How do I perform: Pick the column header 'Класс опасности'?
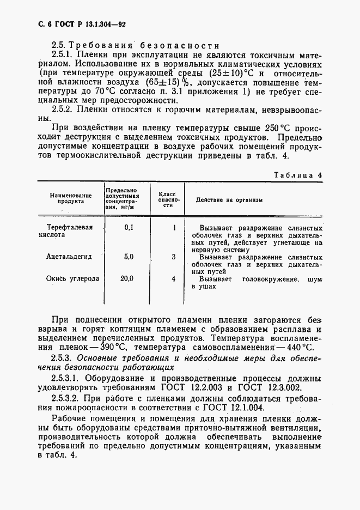coord(167,199)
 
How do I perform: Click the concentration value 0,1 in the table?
coord(128,227)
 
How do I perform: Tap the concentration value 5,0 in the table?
coord(128,256)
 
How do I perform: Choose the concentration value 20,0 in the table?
coord(127,278)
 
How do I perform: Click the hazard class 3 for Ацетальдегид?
coord(173,256)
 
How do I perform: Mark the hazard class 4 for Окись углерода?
coord(173,278)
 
